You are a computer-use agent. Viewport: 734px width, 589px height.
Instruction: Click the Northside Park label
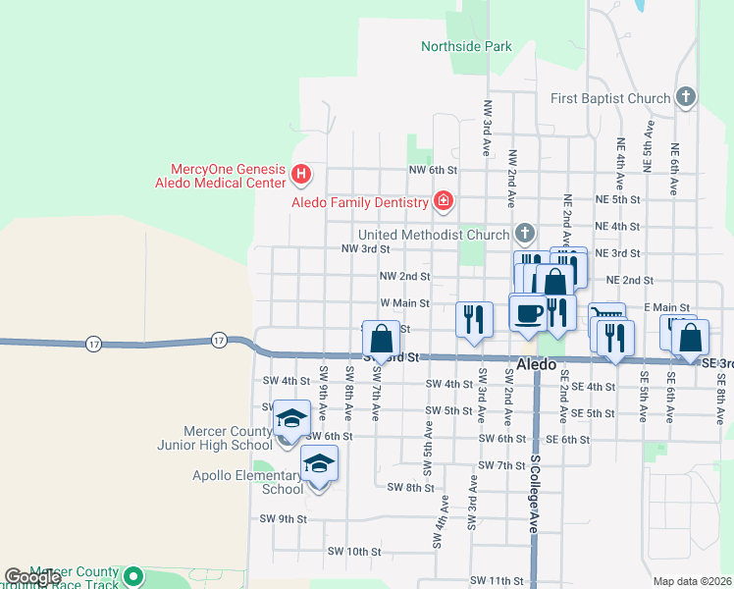tap(466, 46)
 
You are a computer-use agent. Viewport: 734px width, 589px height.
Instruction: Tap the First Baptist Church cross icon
tap(686, 97)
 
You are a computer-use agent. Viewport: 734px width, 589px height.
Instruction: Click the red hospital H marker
tap(302, 176)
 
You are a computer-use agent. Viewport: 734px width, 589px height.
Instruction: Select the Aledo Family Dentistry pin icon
tap(444, 202)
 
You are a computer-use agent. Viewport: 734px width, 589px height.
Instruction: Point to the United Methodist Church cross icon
tap(525, 234)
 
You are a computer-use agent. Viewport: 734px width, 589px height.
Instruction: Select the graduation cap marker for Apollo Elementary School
tap(318, 462)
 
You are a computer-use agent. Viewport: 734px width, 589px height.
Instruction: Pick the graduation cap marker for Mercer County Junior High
tap(290, 419)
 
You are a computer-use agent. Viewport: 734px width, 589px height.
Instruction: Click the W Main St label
tap(404, 303)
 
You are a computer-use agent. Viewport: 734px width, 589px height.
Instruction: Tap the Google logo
tap(31, 577)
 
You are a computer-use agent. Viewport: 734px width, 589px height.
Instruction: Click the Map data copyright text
tap(693, 581)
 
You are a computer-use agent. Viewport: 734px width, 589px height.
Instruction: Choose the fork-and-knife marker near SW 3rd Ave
tap(474, 318)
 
